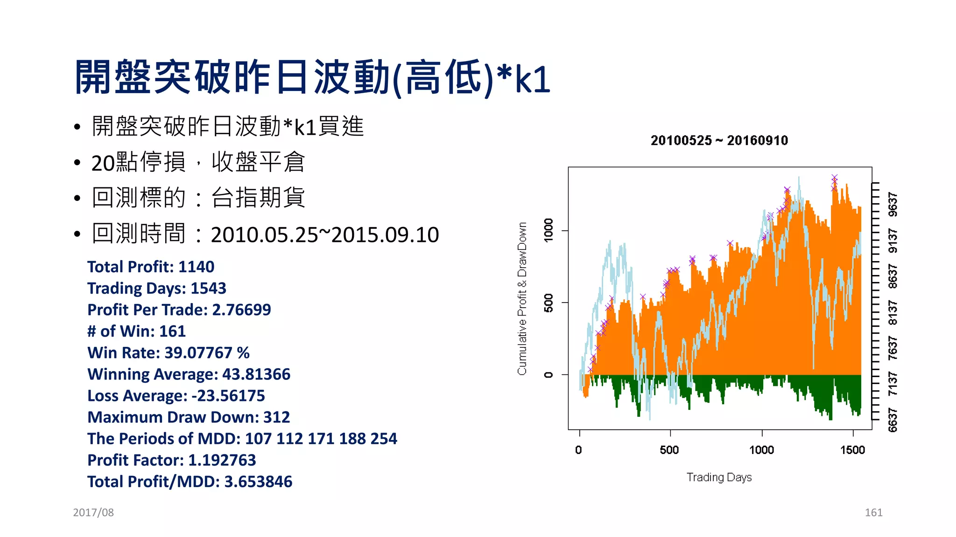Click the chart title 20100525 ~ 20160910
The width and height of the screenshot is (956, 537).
(719, 140)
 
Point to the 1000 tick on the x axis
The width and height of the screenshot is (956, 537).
(761, 449)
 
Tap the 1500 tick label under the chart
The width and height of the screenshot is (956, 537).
(852, 449)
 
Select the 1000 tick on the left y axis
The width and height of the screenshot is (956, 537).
(548, 230)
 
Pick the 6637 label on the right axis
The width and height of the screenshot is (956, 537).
(893, 420)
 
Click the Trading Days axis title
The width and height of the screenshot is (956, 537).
(719, 477)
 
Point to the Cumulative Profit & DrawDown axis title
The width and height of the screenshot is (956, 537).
(522, 298)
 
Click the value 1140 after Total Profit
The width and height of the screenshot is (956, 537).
(196, 267)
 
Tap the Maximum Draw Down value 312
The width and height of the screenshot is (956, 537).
(276, 417)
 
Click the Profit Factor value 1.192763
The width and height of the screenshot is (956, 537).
(222, 460)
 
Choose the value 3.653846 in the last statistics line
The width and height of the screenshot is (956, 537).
(258, 482)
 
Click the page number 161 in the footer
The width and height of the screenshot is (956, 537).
(873, 512)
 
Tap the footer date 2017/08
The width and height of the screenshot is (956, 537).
(93, 512)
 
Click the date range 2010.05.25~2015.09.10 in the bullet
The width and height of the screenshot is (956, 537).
(324, 234)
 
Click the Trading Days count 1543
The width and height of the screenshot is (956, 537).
(208, 288)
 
